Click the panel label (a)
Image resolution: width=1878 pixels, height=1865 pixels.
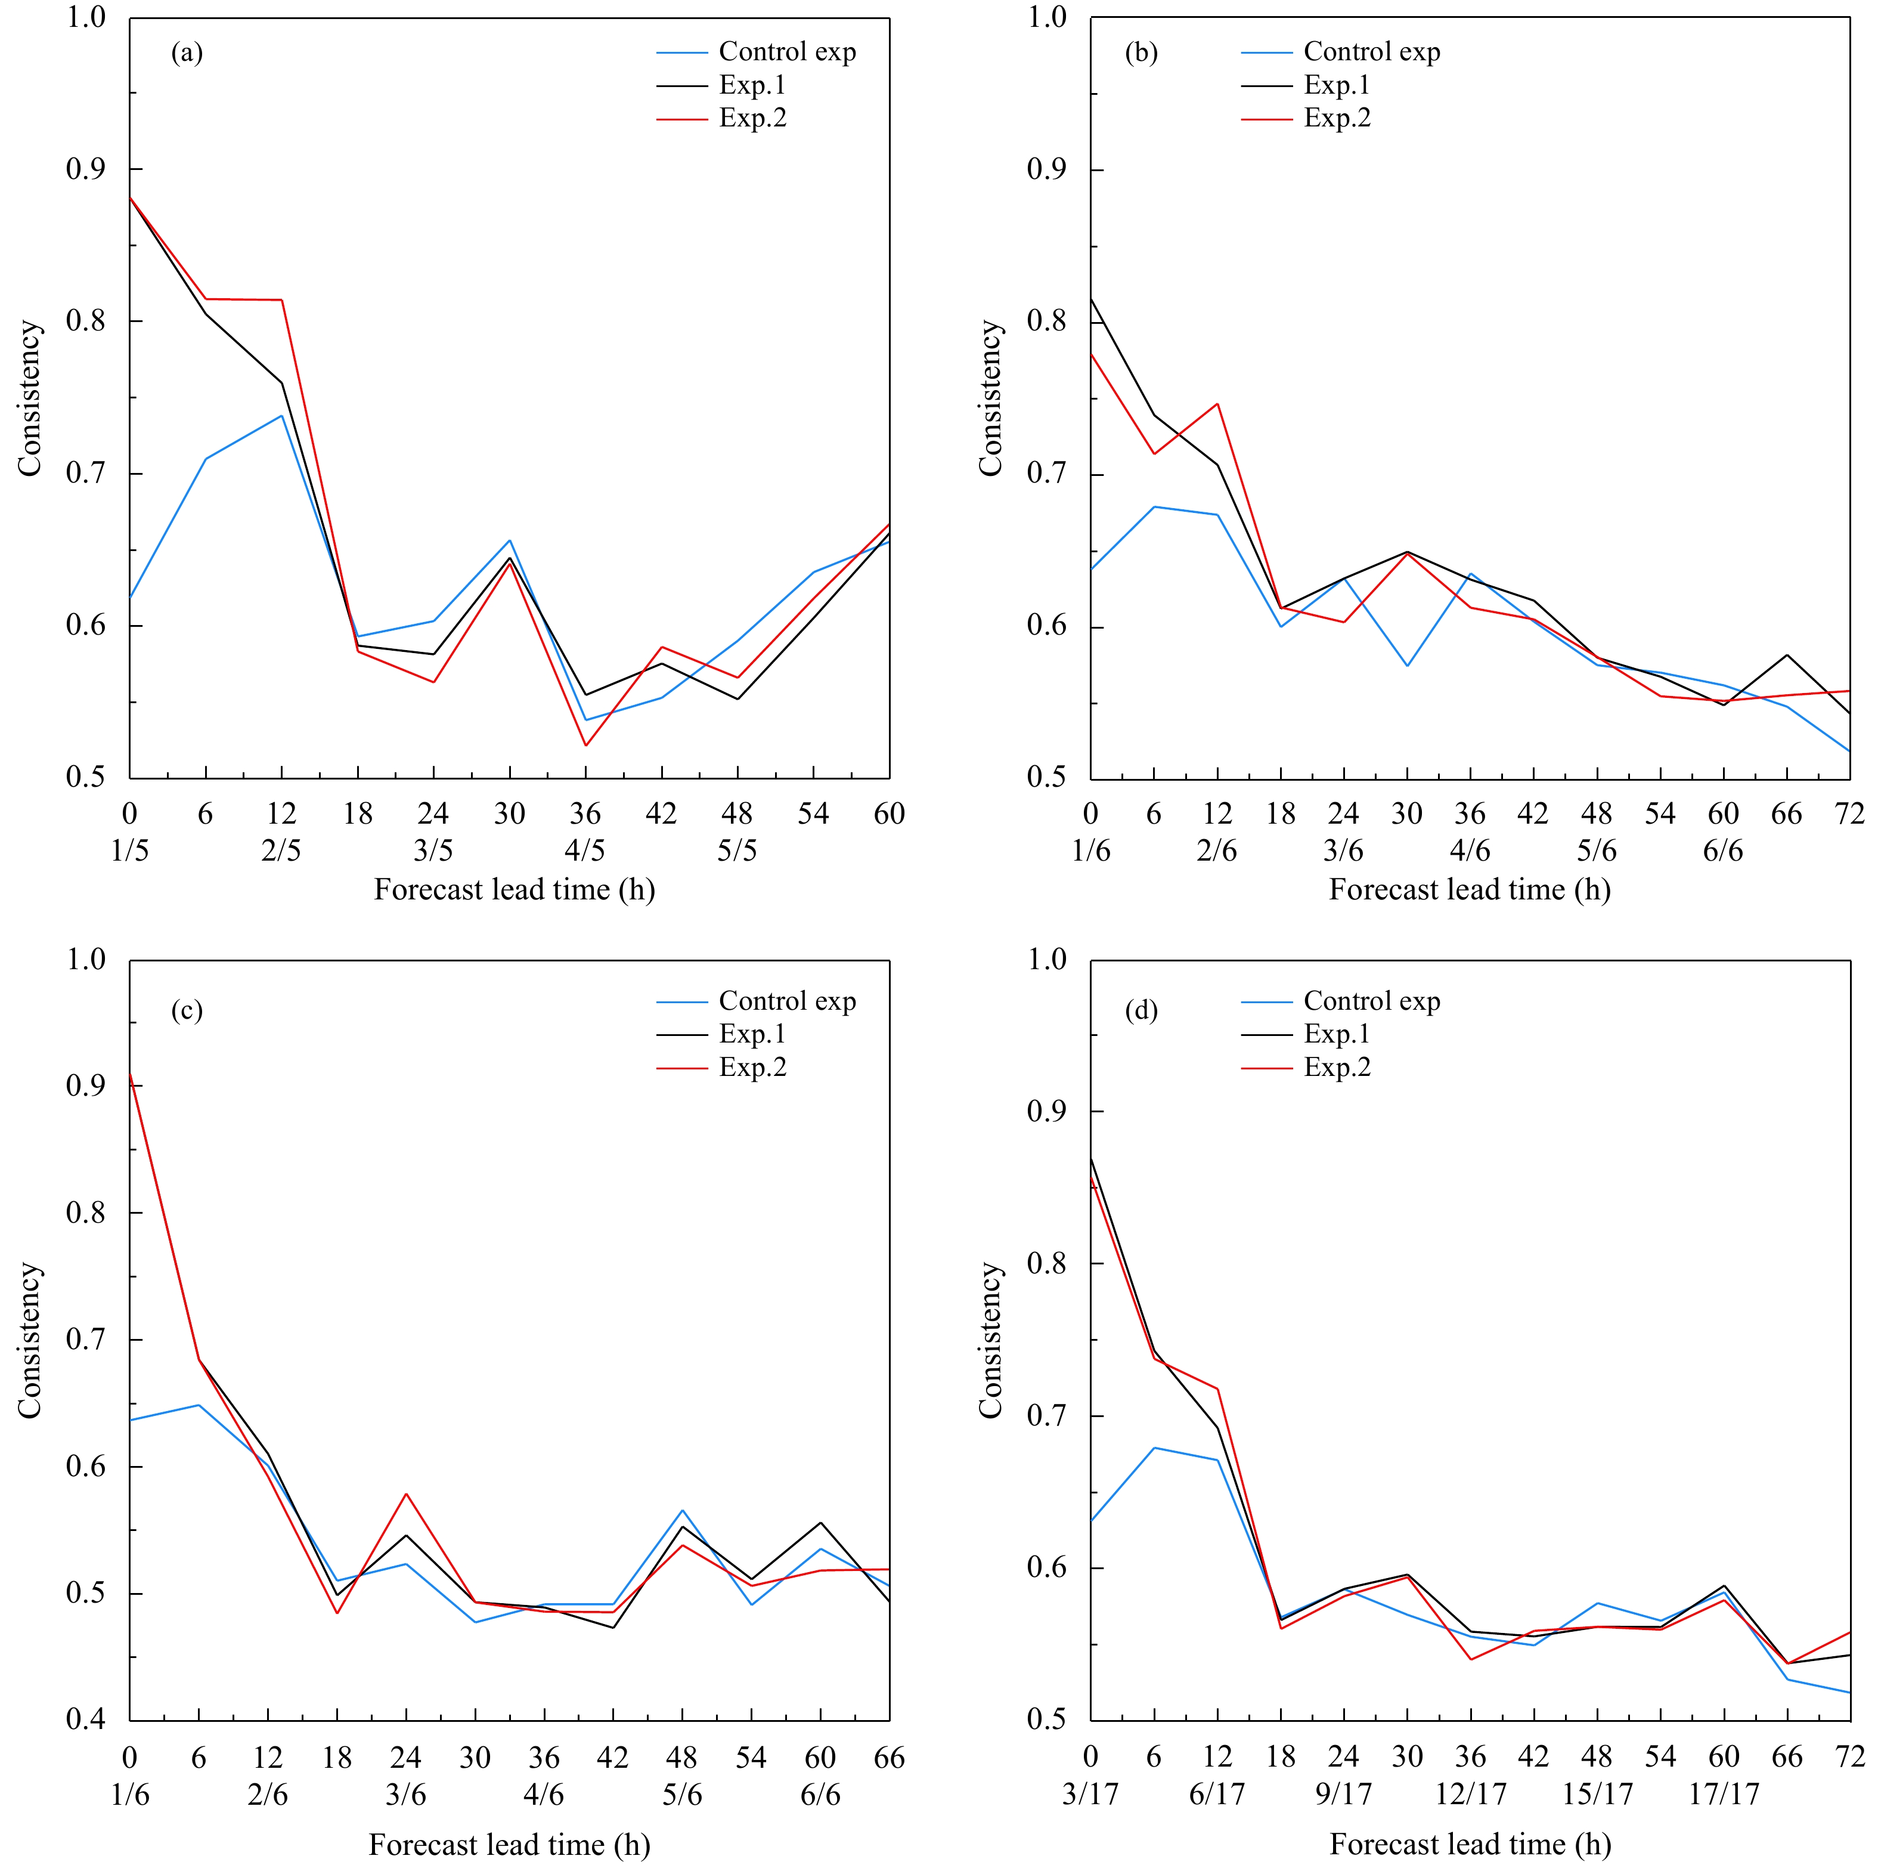(187, 52)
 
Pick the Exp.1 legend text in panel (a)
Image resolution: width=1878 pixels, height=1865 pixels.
(751, 85)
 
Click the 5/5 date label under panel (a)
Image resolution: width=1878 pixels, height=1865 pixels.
(737, 851)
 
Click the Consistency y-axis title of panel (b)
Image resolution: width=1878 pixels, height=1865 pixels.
(990, 398)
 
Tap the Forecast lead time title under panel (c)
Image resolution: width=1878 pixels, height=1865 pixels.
(509, 1845)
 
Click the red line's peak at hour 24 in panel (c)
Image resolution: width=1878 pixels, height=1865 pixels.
(405, 1493)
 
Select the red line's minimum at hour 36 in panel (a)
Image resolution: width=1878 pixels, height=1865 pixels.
(585, 746)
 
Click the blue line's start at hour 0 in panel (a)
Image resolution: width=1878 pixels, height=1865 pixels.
(130, 598)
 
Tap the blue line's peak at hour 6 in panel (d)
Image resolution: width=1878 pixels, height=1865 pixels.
(1154, 1448)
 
